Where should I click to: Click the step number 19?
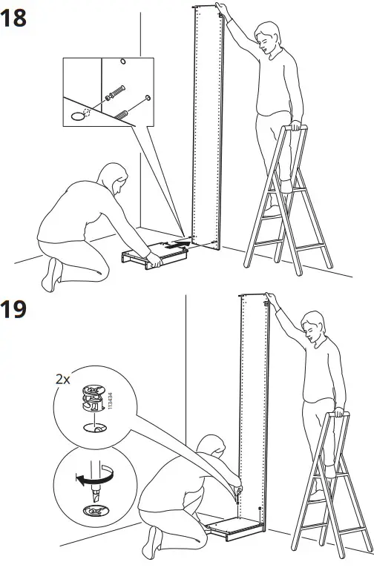pyautogui.click(x=14, y=308)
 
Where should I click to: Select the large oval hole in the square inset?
pyautogui.click(x=77, y=116)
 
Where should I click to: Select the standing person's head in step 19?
pyautogui.click(x=315, y=326)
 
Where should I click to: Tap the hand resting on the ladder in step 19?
pyautogui.click(x=338, y=412)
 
